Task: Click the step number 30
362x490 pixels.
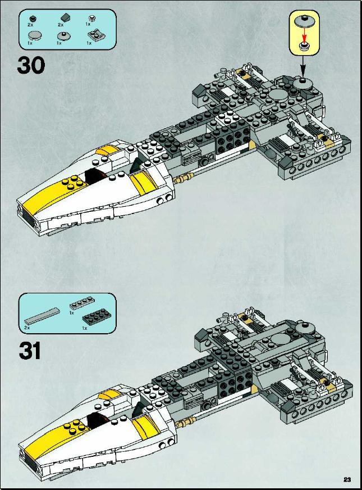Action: coord(31,65)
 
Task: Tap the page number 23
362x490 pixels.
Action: coord(347,479)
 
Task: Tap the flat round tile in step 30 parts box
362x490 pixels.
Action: coord(35,35)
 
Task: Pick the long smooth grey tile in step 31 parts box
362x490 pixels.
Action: coord(42,316)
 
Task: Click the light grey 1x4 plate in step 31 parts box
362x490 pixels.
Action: coord(82,303)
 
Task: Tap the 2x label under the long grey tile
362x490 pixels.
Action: coord(27,328)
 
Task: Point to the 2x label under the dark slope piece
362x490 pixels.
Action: coord(61,24)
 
